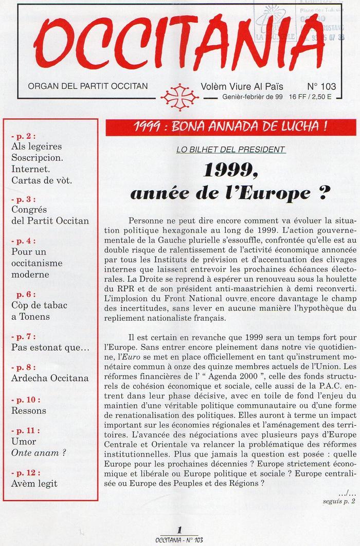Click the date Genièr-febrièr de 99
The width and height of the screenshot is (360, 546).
tap(254, 96)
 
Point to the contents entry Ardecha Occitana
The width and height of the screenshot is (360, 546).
tap(49, 378)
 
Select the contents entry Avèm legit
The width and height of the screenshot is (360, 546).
tap(34, 483)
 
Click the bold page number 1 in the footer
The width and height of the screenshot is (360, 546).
tap(179, 530)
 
